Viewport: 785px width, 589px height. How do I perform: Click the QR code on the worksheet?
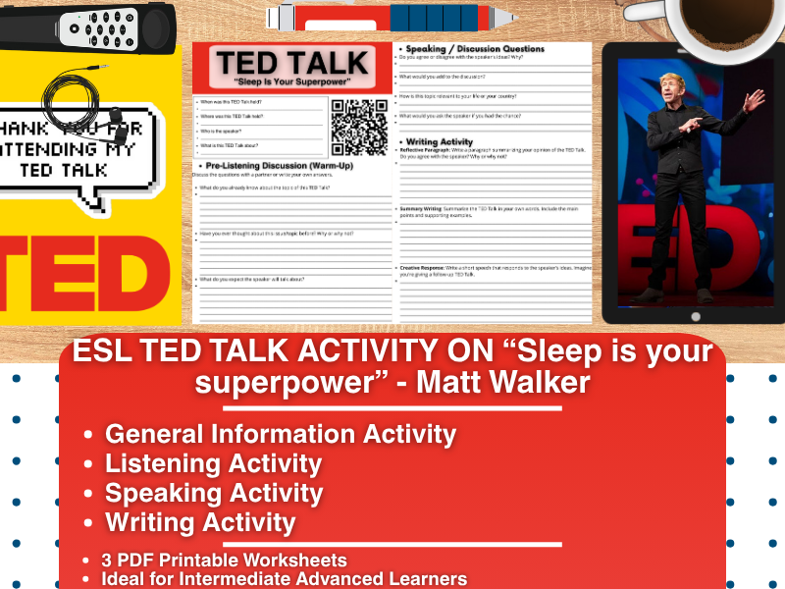pyautogui.click(x=360, y=127)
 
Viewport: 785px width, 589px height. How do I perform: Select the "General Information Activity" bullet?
pyautogui.click(x=280, y=433)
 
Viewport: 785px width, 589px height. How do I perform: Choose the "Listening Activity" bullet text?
pyautogui.click(x=213, y=462)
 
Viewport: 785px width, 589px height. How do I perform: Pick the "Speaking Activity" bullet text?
pyautogui.click(x=214, y=493)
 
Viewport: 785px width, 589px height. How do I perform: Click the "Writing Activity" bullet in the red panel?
pyautogui.click(x=200, y=522)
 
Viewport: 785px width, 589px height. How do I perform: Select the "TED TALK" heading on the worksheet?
pyautogui.click(x=292, y=64)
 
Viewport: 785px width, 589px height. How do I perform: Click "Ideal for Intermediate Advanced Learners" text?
pyautogui.click(x=284, y=579)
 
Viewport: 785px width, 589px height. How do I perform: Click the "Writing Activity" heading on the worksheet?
pyautogui.click(x=442, y=140)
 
